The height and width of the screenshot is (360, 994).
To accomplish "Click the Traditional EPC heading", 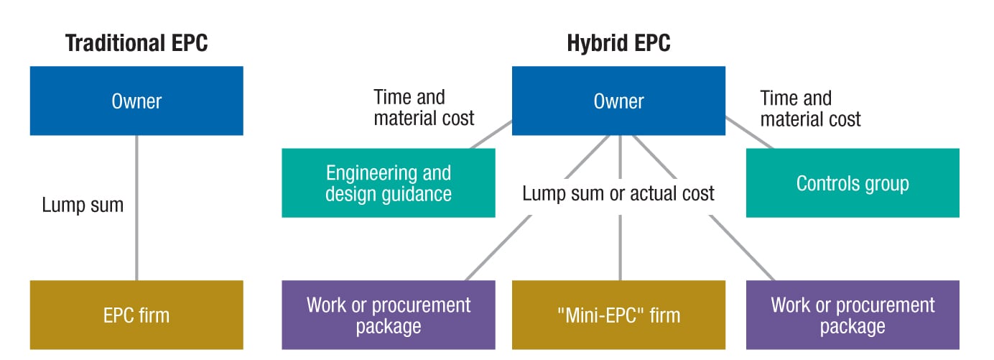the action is tap(136, 43).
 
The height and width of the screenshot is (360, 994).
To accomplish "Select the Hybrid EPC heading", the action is tap(618, 43).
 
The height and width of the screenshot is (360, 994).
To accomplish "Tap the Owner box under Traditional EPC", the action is tap(136, 101).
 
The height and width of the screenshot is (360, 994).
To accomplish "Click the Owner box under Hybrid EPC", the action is tap(618, 101).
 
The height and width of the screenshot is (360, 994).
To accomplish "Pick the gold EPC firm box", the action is tap(136, 315).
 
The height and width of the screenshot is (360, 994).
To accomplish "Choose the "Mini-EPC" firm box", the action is tap(618, 315).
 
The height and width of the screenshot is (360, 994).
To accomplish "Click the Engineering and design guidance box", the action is tap(389, 183).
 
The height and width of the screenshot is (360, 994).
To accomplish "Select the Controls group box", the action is tap(853, 183).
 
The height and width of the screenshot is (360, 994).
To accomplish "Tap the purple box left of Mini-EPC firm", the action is tap(389, 315).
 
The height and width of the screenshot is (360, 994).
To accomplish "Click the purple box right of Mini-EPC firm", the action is tap(853, 315).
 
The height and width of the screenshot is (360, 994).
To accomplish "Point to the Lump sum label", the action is tap(83, 205).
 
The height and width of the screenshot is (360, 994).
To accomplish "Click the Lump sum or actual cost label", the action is tap(618, 193).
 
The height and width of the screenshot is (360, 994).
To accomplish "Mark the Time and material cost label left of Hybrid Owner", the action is tap(424, 108).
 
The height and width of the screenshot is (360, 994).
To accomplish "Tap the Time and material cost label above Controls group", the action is tap(810, 109).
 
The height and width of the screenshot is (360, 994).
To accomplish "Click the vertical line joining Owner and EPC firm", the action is tap(136, 208).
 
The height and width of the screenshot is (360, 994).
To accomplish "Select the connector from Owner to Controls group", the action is tap(750, 133).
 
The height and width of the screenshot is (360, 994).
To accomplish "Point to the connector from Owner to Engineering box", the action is tap(491, 134).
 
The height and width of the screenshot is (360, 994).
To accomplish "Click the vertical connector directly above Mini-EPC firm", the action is tap(620, 248).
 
